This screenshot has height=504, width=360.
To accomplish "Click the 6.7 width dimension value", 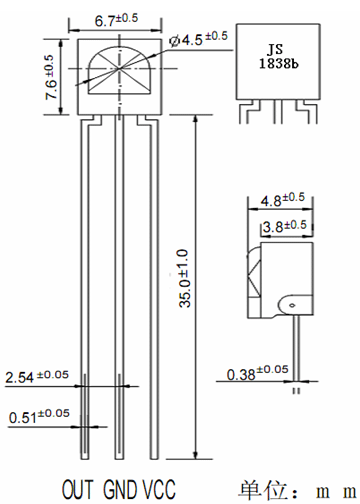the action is [x=116, y=20].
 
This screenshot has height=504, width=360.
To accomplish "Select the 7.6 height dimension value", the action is [x=50, y=77].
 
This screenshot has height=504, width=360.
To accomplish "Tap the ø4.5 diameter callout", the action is [x=198, y=39].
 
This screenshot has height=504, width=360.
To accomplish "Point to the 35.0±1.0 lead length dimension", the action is [x=184, y=278].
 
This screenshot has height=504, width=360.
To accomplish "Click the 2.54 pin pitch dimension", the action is [x=37, y=376].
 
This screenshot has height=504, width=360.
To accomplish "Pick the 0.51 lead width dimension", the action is [x=39, y=416].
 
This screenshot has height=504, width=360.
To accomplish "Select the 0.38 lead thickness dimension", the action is [x=257, y=372].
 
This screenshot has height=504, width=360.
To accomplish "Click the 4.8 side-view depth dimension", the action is [x=283, y=199].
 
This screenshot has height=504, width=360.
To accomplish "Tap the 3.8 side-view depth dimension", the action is [x=284, y=226].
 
